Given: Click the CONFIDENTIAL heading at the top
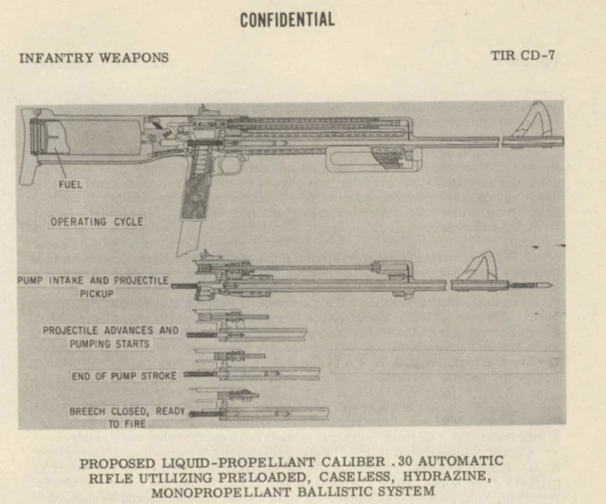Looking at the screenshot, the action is [287, 20].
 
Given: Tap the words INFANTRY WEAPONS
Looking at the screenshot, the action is [94, 58].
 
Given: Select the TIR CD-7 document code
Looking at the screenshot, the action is [523, 56].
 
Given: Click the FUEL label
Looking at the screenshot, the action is [71, 184].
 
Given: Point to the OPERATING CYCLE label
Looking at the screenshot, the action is [97, 222].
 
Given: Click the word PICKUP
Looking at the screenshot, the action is [97, 294].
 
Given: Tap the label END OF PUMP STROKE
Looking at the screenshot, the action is [124, 376].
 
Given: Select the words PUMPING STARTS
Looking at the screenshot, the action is [109, 344].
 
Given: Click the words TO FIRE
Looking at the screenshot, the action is [127, 424].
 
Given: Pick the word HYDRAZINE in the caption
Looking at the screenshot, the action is [446, 476].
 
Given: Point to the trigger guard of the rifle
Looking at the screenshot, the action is [231, 164].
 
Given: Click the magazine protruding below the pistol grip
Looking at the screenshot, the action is [189, 238].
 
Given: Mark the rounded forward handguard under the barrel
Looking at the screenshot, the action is [374, 160].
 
